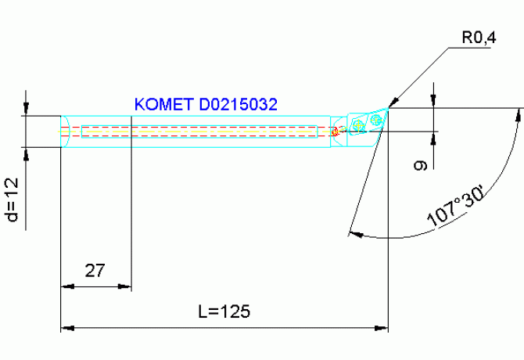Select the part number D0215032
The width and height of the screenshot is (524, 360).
coord(239,104)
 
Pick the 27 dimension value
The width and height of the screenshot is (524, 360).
coord(95,271)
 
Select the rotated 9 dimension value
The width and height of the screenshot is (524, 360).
coord(419,166)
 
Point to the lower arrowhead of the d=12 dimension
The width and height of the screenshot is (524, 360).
coord(28,153)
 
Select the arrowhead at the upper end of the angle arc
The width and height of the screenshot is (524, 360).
coord(517,114)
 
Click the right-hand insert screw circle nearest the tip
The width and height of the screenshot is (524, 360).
coord(377,119)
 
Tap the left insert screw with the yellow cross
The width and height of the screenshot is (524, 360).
coord(358,124)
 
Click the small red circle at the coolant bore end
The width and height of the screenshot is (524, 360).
coord(334,131)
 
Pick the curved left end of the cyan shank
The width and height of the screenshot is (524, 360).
coord(66,131)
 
